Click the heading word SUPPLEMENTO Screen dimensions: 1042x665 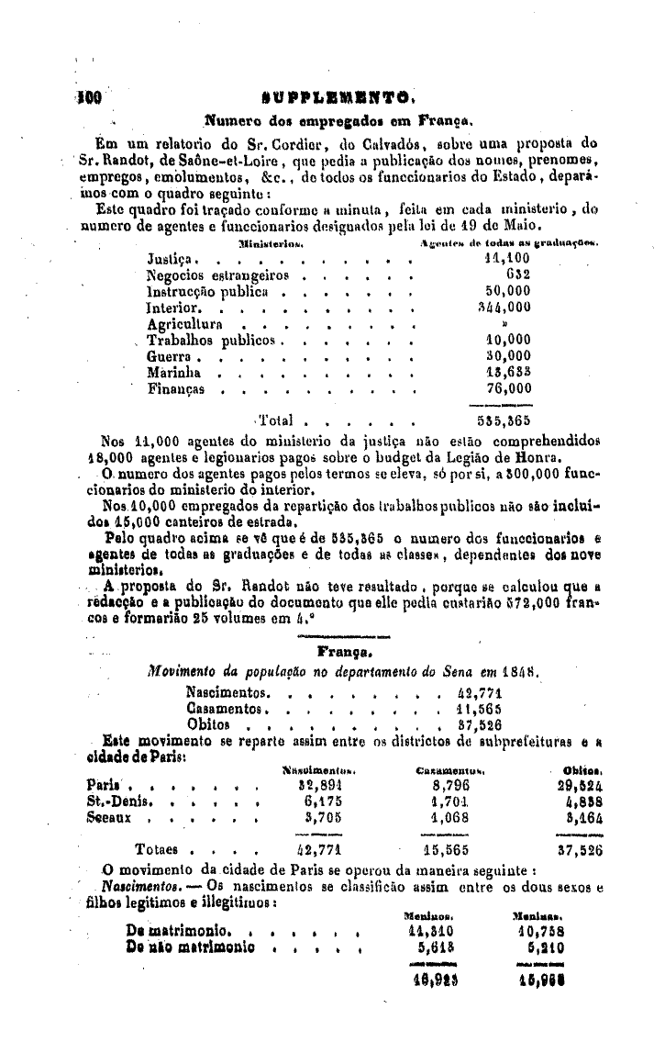(x=342, y=94)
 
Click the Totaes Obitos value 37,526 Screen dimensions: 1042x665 (x=580, y=850)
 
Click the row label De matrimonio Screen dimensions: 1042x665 (x=183, y=932)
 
